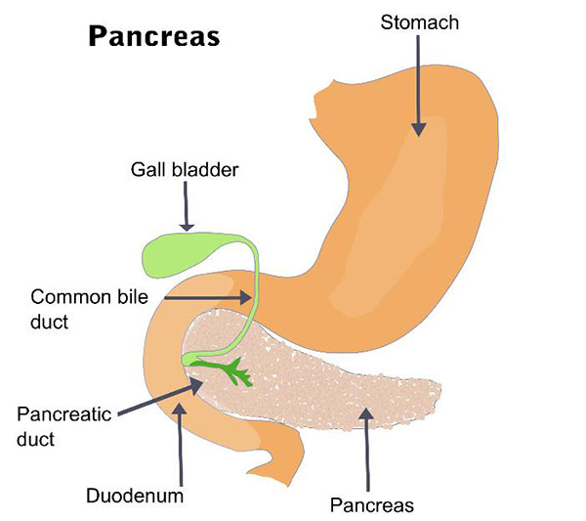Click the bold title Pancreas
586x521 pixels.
click(154, 36)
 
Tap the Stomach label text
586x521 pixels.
click(420, 22)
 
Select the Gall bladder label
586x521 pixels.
click(185, 169)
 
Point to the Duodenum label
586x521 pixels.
click(135, 496)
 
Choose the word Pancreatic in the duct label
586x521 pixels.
click(64, 414)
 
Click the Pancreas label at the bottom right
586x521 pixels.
click(372, 505)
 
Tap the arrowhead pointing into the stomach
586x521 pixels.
click(419, 129)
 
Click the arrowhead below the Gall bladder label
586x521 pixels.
click(187, 227)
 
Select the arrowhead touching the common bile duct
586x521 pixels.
click(245, 298)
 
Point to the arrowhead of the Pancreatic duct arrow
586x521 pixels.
click(197, 385)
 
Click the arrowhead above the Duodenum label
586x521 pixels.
click(180, 409)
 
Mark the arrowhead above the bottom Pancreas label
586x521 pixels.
click(366, 413)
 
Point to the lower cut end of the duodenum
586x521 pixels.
click(271, 475)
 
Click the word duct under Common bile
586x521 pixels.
click(50, 322)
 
